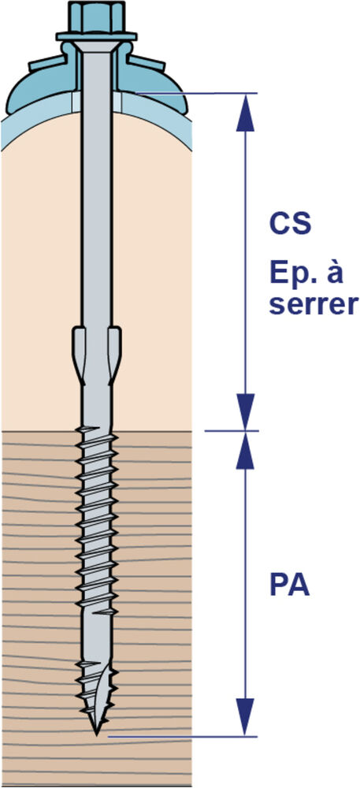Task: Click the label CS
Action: pyautogui.click(x=290, y=224)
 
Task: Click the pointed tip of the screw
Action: pyautogui.click(x=97, y=734)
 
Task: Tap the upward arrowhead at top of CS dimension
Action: pyautogui.click(x=245, y=113)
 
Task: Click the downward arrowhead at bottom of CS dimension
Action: pyautogui.click(x=245, y=411)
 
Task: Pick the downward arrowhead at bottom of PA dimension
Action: pyautogui.click(x=245, y=717)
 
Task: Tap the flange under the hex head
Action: pyautogui.click(x=96, y=37)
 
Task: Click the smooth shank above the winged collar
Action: pyautogui.click(x=96, y=201)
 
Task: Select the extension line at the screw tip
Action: pyautogui.click(x=182, y=737)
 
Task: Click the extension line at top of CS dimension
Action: pyautogui.click(x=196, y=93)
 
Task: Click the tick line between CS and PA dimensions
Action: pyautogui.click(x=232, y=431)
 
